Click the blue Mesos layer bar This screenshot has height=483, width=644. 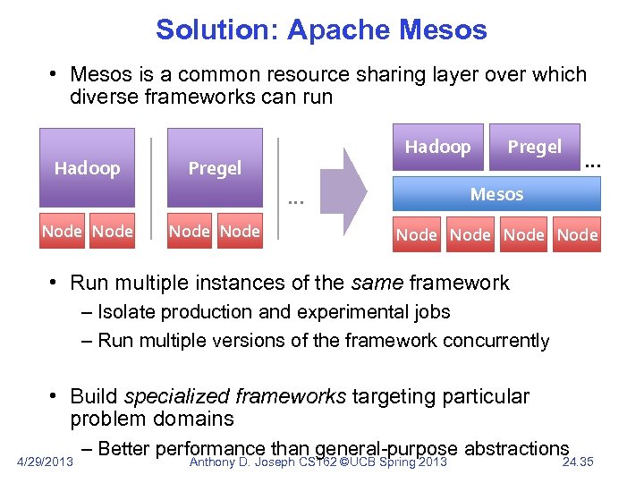click(496, 193)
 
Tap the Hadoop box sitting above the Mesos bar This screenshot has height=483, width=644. click(437, 147)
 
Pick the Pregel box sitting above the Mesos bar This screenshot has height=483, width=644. click(535, 147)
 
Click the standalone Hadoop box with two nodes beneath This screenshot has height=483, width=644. click(87, 168)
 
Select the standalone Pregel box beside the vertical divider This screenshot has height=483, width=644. click(215, 168)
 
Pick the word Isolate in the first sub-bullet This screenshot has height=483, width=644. click(126, 312)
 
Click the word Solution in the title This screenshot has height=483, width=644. click(217, 29)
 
